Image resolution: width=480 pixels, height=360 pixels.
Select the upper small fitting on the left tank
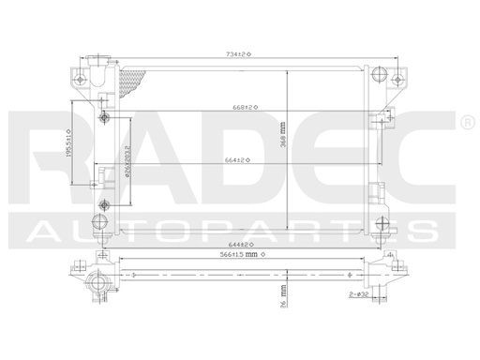point(105,118)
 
